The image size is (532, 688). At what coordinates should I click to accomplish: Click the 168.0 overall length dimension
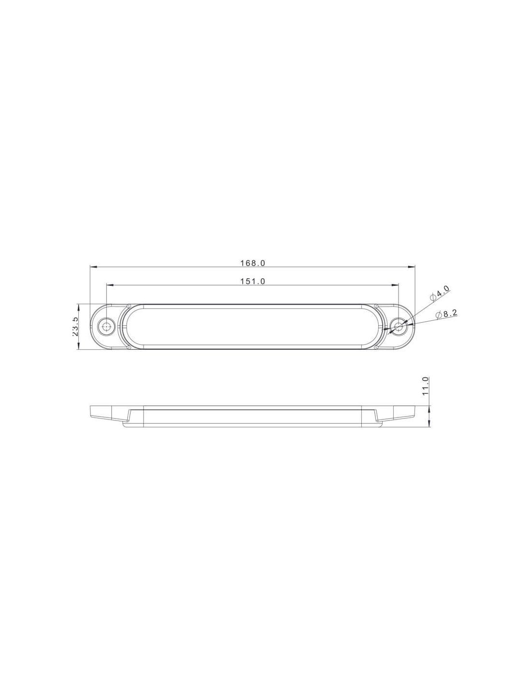tap(252, 263)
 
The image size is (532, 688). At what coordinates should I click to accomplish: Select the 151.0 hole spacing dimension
tap(252, 281)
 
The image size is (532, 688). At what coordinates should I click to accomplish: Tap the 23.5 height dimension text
tap(75, 327)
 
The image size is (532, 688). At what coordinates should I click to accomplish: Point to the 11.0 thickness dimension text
tap(425, 385)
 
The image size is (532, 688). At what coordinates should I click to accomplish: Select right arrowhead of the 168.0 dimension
tap(411, 267)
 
